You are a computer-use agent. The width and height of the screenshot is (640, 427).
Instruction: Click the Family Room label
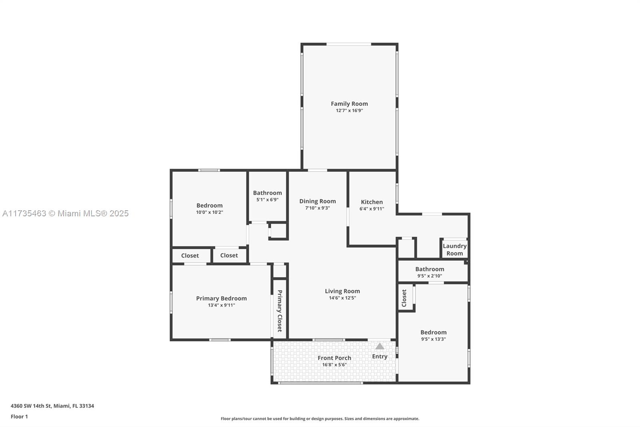(x=349, y=104)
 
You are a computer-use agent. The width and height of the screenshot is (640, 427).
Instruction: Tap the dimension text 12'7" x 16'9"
(x=349, y=111)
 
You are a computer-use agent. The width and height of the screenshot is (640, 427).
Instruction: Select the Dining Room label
(x=318, y=201)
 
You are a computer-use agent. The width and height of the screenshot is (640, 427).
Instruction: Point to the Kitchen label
(x=372, y=202)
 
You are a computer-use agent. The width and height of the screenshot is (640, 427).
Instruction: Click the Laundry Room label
(x=454, y=250)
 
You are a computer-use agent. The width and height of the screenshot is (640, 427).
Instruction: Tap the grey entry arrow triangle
(x=380, y=346)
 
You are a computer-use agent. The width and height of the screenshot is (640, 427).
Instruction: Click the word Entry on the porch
(x=380, y=357)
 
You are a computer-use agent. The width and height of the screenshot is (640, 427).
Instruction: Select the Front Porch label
(x=334, y=358)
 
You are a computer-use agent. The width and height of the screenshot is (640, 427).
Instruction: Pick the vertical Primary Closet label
(x=280, y=311)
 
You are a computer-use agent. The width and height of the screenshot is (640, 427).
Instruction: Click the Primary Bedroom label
(x=221, y=298)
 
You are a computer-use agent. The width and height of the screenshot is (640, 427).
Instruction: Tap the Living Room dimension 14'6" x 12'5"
(x=342, y=298)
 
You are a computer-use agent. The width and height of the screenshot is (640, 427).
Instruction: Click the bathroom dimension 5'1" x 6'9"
(x=267, y=199)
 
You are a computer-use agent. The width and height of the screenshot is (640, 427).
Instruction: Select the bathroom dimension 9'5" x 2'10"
(x=430, y=276)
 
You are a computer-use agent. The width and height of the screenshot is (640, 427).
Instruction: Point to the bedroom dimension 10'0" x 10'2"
(x=209, y=212)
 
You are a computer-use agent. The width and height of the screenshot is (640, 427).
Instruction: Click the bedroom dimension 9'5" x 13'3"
(x=433, y=339)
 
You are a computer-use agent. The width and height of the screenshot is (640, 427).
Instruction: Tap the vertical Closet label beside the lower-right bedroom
(x=404, y=298)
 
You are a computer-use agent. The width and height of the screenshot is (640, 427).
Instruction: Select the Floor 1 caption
(x=19, y=417)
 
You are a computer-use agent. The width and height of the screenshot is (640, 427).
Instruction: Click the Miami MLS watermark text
(x=65, y=214)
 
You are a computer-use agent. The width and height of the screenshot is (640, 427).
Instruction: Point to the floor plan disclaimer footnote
(x=320, y=419)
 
